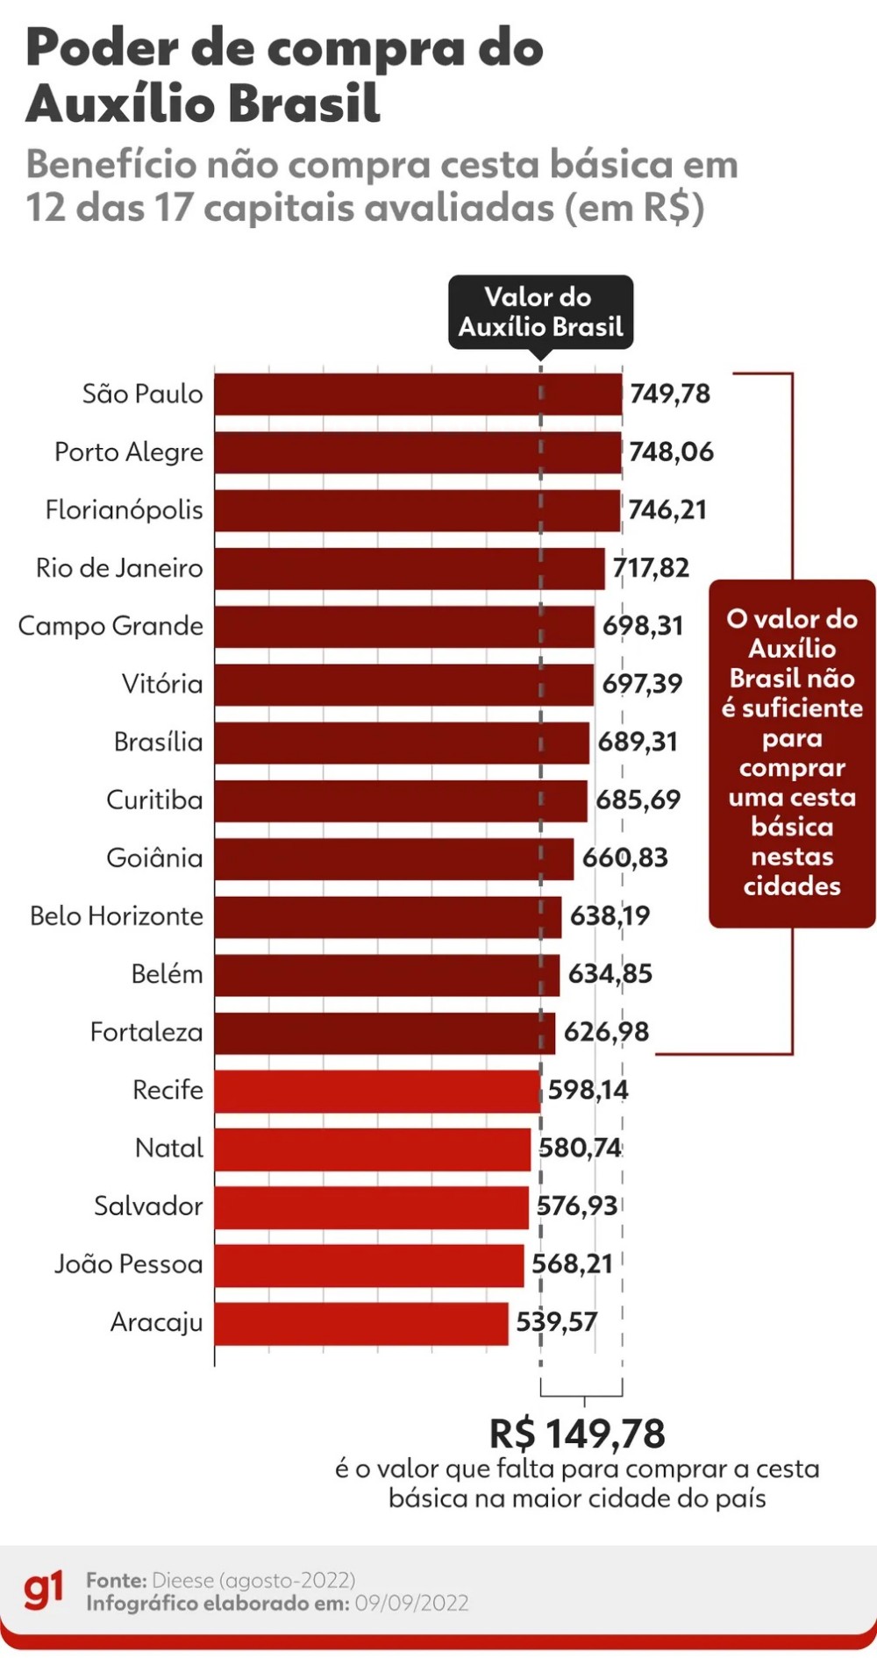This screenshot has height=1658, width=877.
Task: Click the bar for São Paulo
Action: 418,394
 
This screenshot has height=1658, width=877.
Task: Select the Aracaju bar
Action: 361,1323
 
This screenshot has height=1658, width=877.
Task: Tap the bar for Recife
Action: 377,1091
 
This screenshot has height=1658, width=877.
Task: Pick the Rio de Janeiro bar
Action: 410,568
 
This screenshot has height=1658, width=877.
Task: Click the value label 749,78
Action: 670,394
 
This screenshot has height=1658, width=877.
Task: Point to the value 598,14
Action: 588,1090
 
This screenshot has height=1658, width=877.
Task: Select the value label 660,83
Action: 625,857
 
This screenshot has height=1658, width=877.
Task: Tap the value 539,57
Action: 556,1322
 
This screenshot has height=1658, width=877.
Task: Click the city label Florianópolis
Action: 125,510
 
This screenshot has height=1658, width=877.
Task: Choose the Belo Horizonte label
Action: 117,916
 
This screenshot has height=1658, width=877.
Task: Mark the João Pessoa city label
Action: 129,1264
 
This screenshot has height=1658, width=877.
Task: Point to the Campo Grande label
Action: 111,626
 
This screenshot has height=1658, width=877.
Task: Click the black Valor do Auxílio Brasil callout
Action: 540,312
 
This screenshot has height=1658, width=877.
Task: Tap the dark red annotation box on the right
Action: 792,753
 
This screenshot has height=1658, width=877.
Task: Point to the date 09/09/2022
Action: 412,1604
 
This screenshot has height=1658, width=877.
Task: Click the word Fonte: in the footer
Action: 117,1580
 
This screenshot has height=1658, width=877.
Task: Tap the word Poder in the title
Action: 102,48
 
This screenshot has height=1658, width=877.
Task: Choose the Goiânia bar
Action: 394,858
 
